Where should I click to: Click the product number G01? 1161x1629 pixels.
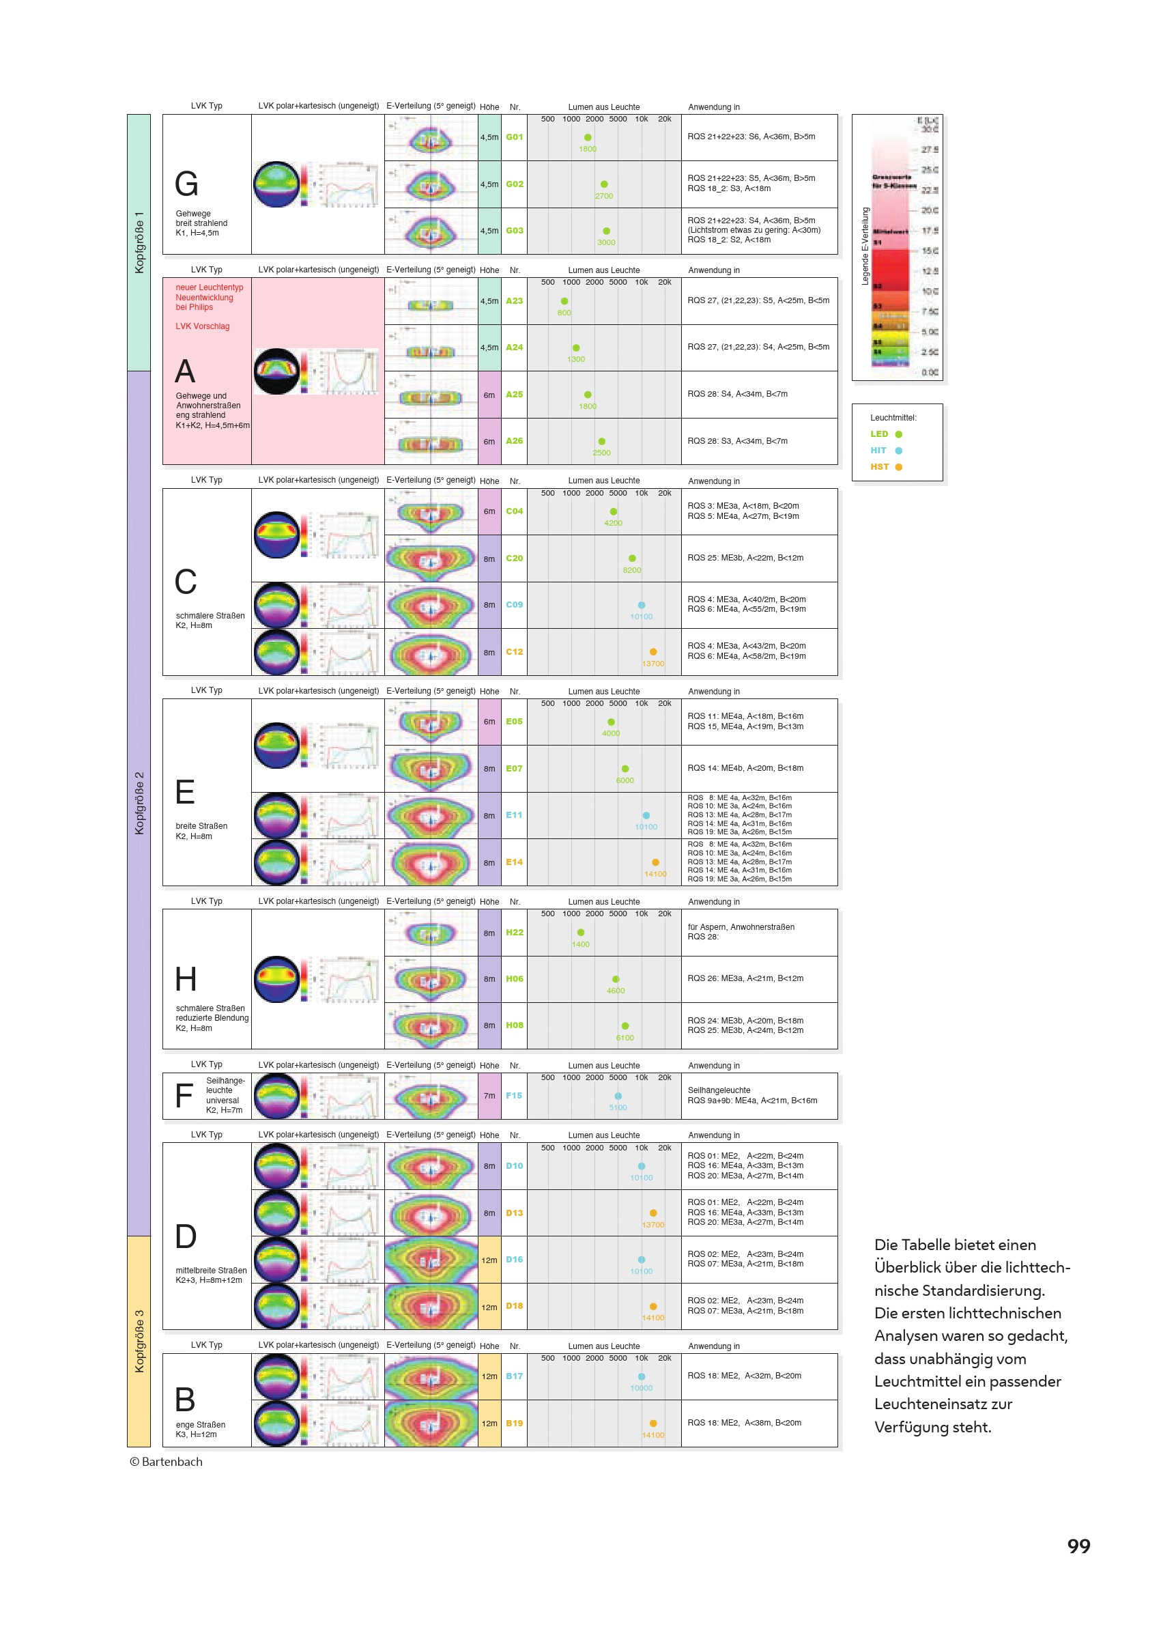pyautogui.click(x=514, y=137)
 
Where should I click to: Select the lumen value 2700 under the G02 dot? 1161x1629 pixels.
pyautogui.click(x=603, y=196)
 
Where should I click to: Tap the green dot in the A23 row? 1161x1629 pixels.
pyautogui.click(x=564, y=301)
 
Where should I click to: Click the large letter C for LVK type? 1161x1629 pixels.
pyautogui.click(x=186, y=582)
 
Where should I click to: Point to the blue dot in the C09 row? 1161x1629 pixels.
pyautogui.click(x=642, y=605)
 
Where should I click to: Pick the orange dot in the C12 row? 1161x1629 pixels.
pyautogui.click(x=653, y=652)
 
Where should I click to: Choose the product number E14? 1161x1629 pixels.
pyautogui.click(x=514, y=862)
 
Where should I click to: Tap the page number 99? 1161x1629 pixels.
pyautogui.click(x=1078, y=1546)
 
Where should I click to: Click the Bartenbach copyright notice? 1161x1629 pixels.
pyautogui.click(x=166, y=1462)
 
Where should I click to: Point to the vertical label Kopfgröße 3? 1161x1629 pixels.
pyautogui.click(x=139, y=1341)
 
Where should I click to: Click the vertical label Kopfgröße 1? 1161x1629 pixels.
pyautogui.click(x=139, y=242)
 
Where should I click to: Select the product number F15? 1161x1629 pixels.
pyautogui.click(x=514, y=1096)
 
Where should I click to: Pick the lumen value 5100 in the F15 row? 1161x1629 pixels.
pyautogui.click(x=618, y=1107)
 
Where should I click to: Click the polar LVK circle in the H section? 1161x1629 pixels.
pyautogui.click(x=276, y=979)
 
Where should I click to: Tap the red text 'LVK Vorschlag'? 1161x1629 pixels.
pyautogui.click(x=202, y=327)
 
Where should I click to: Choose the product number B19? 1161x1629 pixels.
pyautogui.click(x=514, y=1423)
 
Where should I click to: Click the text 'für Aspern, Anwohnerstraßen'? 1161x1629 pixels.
pyautogui.click(x=741, y=926)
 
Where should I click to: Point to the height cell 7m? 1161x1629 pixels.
pyautogui.click(x=489, y=1096)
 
